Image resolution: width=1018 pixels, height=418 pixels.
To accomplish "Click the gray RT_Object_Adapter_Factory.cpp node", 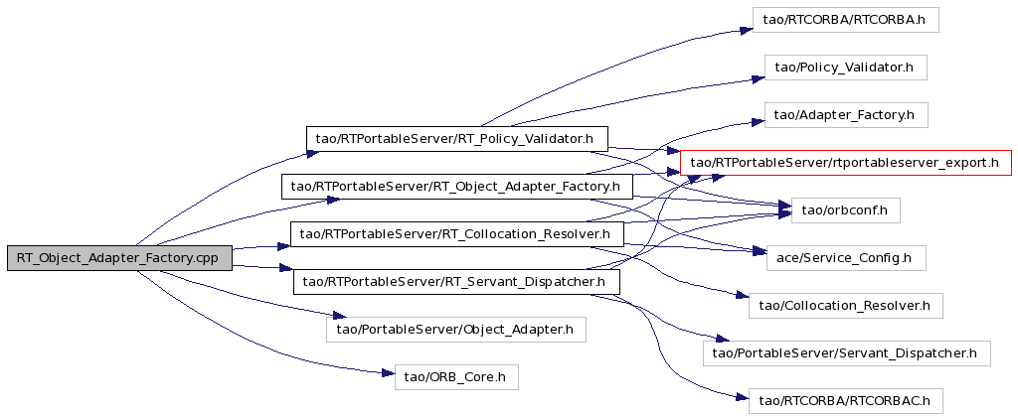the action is coord(119,258).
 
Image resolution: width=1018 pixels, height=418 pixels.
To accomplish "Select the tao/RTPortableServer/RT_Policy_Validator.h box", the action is coord(457,139).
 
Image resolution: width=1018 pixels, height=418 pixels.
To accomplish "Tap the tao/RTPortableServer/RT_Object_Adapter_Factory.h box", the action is coord(457,187).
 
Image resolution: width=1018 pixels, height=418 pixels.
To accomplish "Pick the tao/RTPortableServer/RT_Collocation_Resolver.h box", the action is coord(457,234).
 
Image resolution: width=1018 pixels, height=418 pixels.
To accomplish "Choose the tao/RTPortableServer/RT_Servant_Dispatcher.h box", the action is coord(457,282).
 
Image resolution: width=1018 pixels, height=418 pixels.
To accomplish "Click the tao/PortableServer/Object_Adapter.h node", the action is coord(455,330).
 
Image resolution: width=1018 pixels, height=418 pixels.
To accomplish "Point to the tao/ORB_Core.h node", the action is coord(456,377).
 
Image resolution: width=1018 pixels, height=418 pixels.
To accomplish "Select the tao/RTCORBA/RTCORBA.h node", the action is coord(845,20).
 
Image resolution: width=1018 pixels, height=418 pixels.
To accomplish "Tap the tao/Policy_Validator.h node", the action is coord(845,68).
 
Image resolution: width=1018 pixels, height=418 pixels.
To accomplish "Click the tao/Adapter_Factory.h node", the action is coord(845,115).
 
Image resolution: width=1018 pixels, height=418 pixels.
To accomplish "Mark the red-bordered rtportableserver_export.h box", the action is coord(845,163).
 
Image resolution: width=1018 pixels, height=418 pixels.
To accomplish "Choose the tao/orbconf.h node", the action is coord(845,209).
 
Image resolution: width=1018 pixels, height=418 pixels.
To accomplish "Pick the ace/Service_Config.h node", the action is coord(845,258).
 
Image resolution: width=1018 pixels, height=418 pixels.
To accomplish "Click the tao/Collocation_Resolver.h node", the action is coord(845,305).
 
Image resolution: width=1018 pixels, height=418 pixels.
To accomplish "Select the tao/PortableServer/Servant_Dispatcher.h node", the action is coord(845,353).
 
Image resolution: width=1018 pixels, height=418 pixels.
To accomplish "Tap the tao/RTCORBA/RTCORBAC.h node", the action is coord(845,401).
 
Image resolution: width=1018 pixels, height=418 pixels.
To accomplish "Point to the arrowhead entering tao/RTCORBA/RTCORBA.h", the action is coord(746,30).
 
